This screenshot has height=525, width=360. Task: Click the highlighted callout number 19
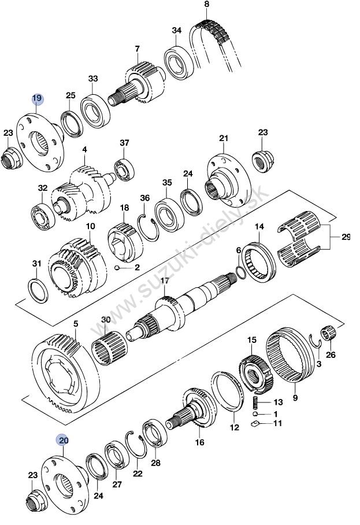[x=37, y=98]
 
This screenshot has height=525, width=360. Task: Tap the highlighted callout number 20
[x=63, y=440]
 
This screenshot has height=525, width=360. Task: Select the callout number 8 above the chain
[x=206, y=5]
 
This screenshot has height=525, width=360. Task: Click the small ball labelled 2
[x=116, y=268]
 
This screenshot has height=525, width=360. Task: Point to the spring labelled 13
[x=256, y=401]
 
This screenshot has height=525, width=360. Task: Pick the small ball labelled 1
[x=255, y=414]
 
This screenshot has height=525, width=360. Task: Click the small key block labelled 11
[x=255, y=423]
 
